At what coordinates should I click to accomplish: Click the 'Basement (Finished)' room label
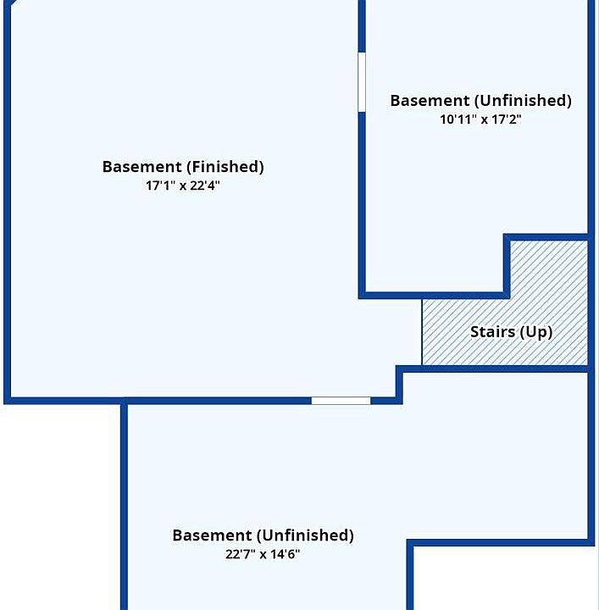[x=183, y=167]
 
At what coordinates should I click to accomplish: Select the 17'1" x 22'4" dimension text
[x=183, y=186]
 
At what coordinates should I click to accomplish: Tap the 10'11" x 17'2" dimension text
[x=480, y=119]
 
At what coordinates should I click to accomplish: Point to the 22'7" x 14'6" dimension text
[x=263, y=554]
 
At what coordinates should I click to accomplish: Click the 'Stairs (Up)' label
[x=511, y=331]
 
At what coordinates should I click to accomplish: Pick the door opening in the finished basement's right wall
[x=362, y=82]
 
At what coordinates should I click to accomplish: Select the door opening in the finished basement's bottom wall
[x=341, y=400]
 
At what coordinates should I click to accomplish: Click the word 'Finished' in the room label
[x=225, y=167]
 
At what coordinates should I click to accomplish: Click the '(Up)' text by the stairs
[x=536, y=331]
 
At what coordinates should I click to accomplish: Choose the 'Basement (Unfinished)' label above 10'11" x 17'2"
[x=480, y=101]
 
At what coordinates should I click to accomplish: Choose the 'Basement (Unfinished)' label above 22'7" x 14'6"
[x=263, y=535]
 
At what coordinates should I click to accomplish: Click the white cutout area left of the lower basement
[x=59, y=508]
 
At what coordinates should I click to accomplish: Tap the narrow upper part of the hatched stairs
[x=549, y=267]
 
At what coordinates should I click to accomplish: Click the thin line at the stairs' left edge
[x=422, y=332]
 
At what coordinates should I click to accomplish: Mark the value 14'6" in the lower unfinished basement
[x=286, y=554]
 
